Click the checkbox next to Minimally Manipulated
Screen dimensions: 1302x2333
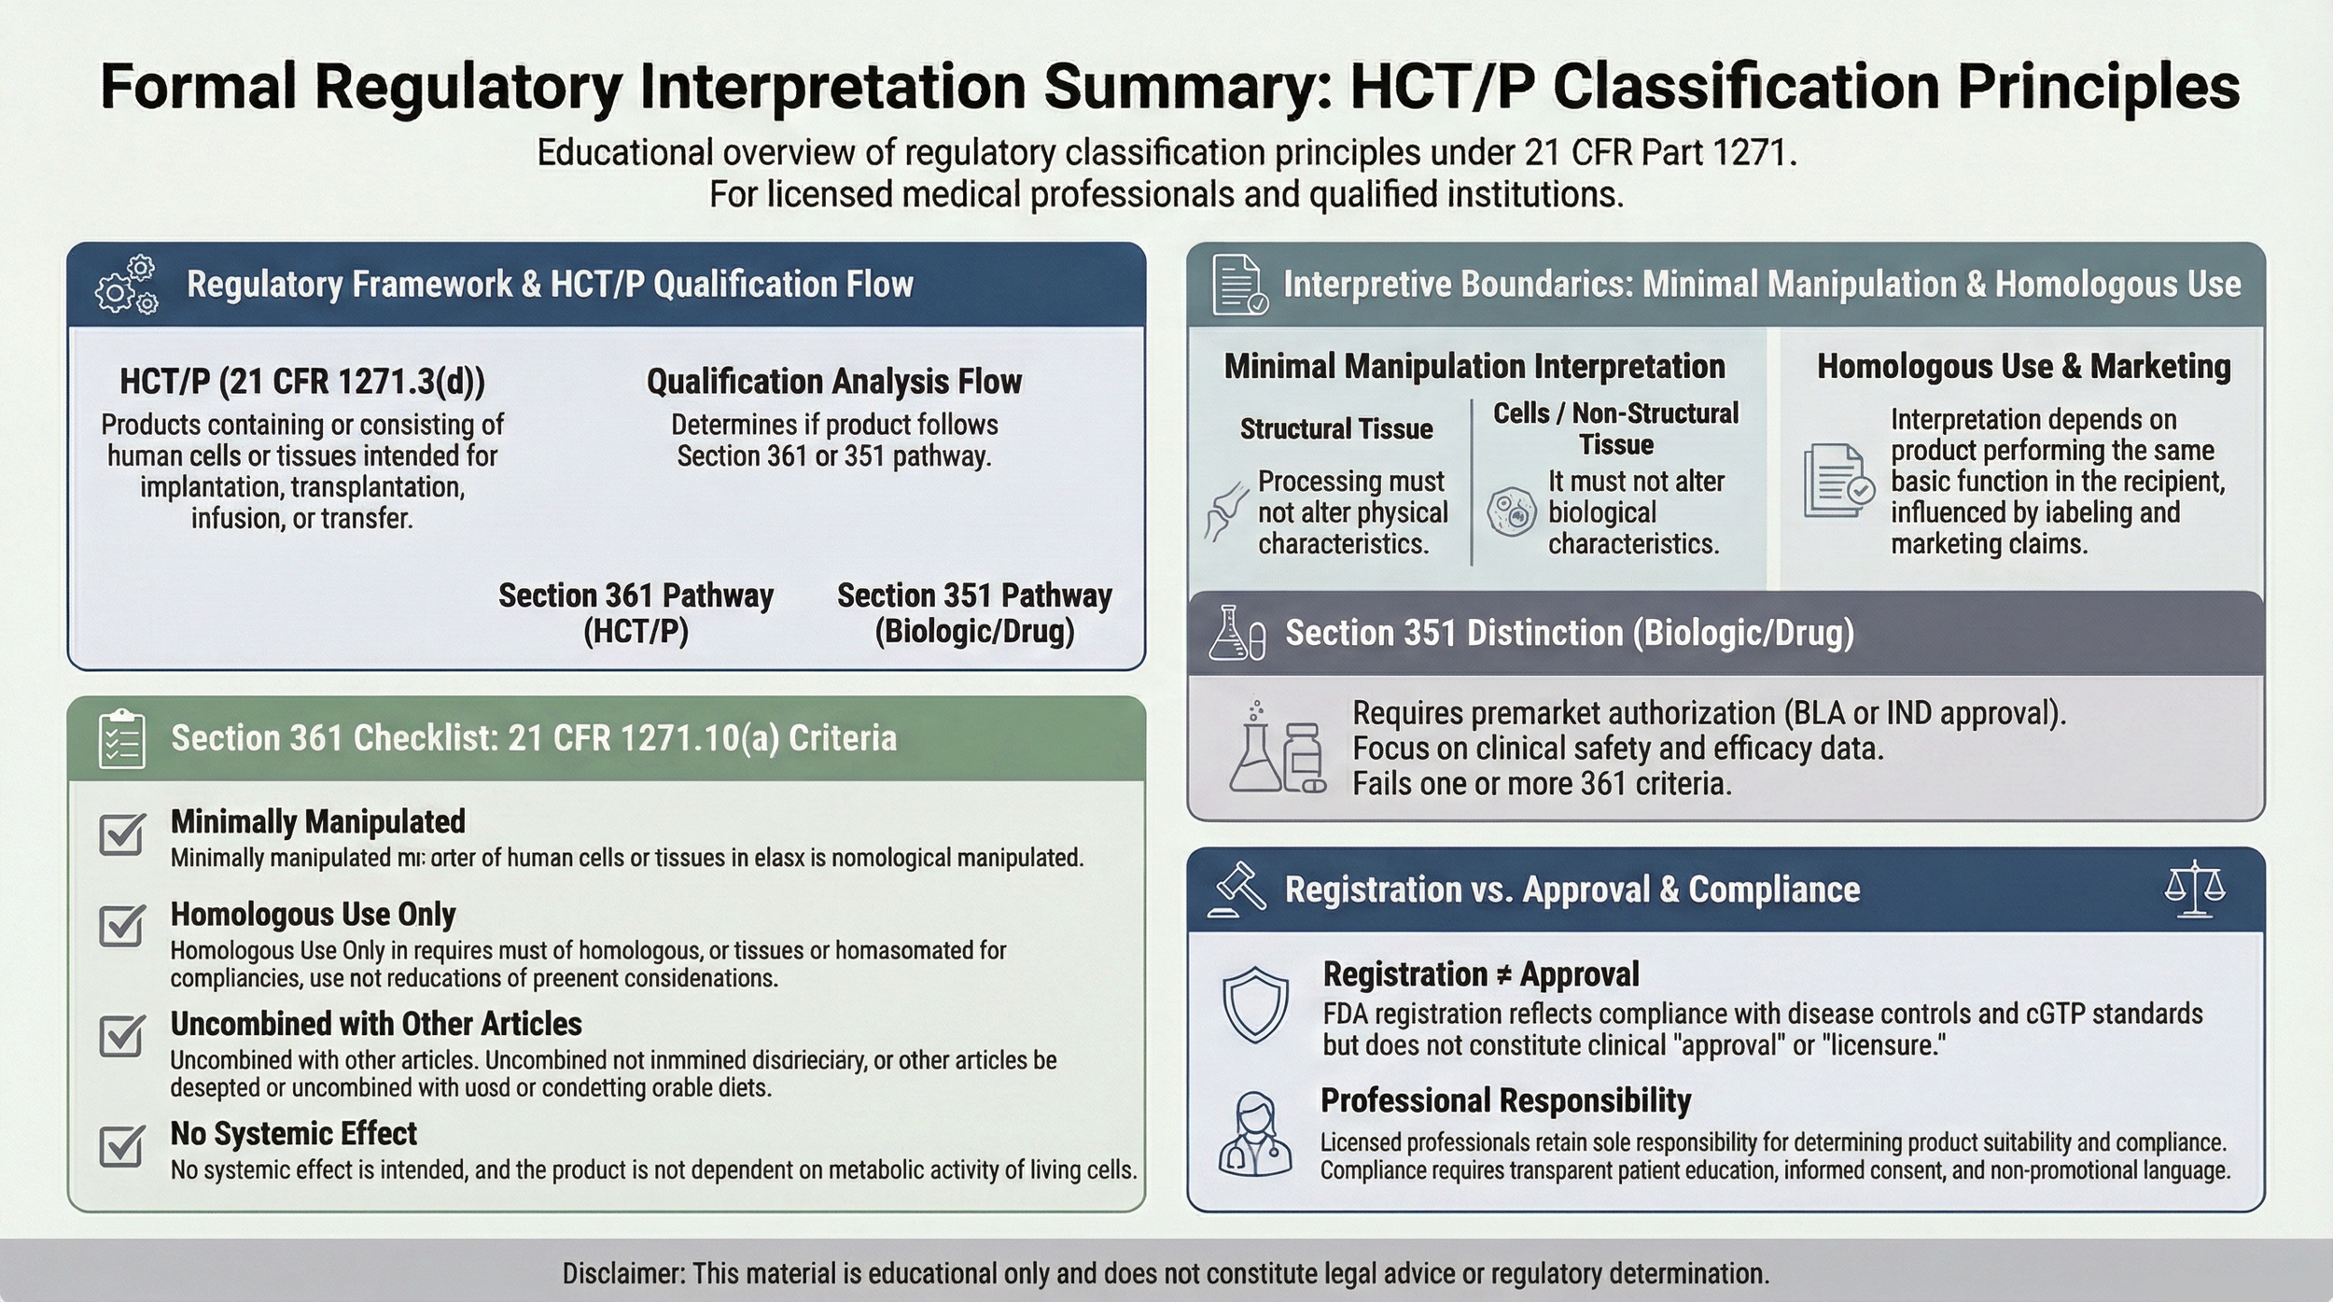(x=121, y=833)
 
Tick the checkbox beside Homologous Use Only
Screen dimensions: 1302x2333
(x=121, y=925)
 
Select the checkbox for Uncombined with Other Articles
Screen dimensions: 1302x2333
(x=121, y=1035)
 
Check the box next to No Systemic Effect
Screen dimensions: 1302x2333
(x=121, y=1145)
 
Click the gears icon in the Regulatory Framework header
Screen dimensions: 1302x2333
(x=127, y=285)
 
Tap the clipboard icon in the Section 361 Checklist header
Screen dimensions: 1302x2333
(x=121, y=738)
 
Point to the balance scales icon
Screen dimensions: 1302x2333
(x=2194, y=889)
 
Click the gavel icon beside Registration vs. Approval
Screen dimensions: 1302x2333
(x=1236, y=889)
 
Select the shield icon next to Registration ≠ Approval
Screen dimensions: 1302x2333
(x=1255, y=1005)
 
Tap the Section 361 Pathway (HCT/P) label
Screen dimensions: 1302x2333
(x=636, y=613)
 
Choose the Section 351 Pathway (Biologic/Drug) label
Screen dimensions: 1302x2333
(x=974, y=613)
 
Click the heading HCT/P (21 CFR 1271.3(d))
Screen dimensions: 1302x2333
(x=302, y=382)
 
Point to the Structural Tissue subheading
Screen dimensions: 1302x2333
(x=1335, y=429)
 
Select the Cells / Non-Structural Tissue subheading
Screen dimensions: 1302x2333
(x=1615, y=428)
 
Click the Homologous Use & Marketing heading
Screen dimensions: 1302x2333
(x=2023, y=367)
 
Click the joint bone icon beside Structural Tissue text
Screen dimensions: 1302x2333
(x=1225, y=511)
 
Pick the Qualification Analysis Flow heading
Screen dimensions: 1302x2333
(x=833, y=382)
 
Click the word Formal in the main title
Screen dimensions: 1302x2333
(x=197, y=87)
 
